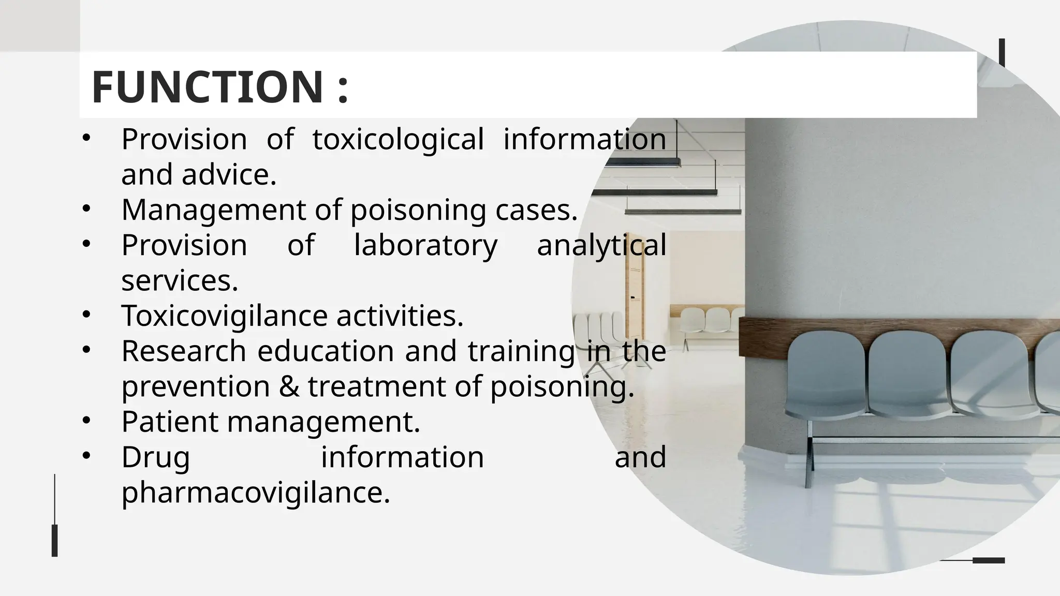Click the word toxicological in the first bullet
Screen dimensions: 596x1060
pyautogui.click(x=398, y=139)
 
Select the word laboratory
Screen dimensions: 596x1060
pyautogui.click(x=425, y=245)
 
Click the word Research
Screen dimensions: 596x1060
pyautogui.click(x=184, y=351)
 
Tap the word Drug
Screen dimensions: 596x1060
pyautogui.click(x=156, y=458)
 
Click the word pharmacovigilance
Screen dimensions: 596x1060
pyautogui.click(x=255, y=492)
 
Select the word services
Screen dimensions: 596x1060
pyautogui.click(x=180, y=281)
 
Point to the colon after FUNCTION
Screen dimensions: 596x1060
pyautogui.click(x=342, y=88)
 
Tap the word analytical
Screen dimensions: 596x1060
pyautogui.click(x=601, y=245)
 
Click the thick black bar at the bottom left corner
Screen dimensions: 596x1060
pyautogui.click(x=54, y=540)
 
